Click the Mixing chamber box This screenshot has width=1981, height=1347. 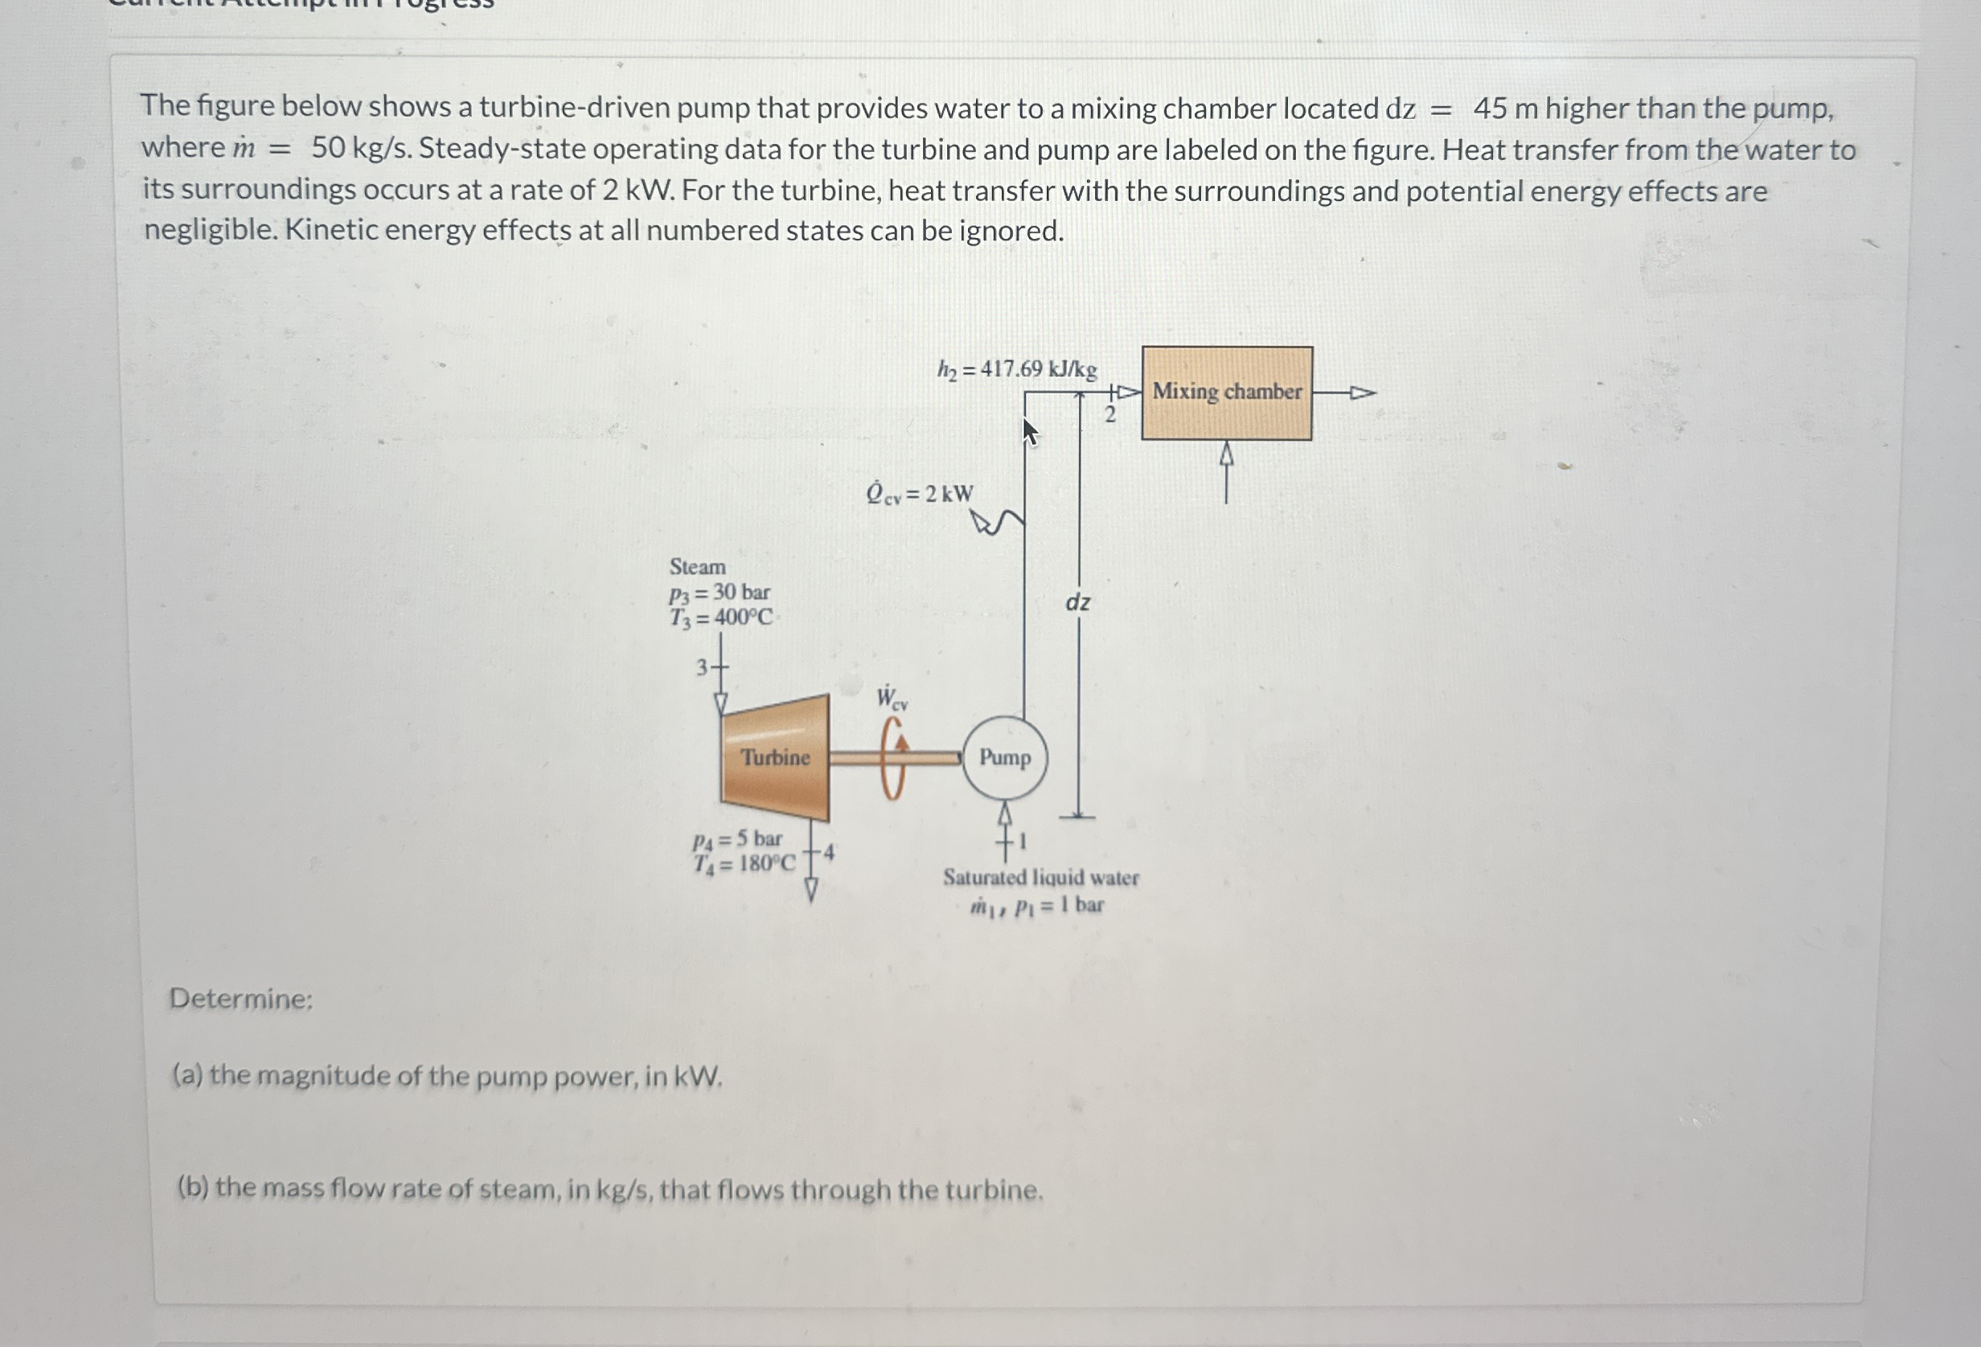(1226, 393)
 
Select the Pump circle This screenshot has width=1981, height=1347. (1005, 758)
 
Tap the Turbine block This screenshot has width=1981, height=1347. (775, 758)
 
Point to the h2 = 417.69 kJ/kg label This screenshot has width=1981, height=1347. (1017, 370)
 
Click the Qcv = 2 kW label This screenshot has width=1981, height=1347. (919, 495)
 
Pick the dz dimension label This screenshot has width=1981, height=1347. (1077, 603)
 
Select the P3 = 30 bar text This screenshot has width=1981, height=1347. (720, 593)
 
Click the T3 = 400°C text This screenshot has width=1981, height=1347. (721, 618)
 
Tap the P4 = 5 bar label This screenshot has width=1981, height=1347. (737, 840)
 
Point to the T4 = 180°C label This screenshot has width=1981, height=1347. (744, 864)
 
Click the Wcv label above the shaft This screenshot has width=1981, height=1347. (892, 699)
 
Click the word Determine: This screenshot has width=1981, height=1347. (241, 998)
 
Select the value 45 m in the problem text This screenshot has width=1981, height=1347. (1505, 109)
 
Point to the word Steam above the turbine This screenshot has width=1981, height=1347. (697, 567)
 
